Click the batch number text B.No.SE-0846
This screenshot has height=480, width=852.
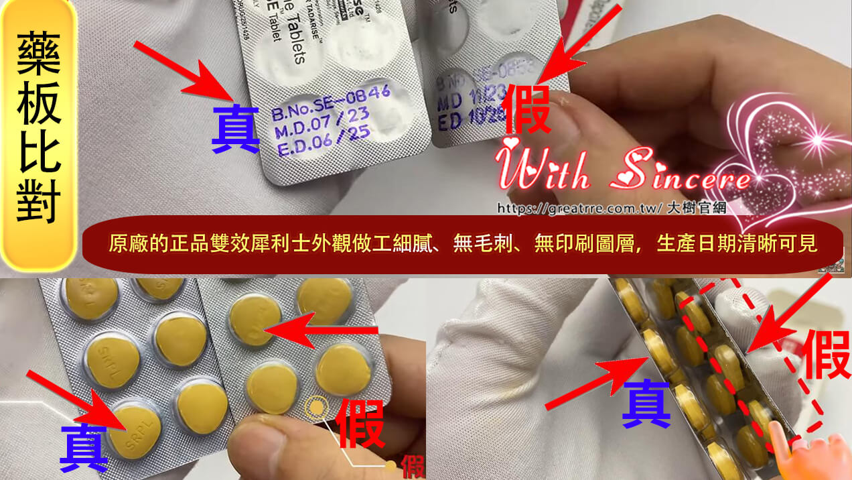tap(330, 103)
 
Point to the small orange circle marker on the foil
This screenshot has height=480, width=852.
tap(315, 407)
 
